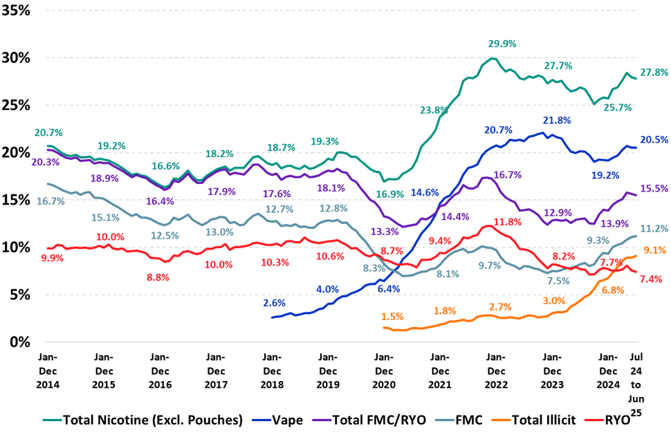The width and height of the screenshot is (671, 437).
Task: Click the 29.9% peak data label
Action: (x=503, y=44)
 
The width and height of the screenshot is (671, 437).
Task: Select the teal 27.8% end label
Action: (x=654, y=72)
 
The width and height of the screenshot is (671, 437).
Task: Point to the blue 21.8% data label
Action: (x=557, y=120)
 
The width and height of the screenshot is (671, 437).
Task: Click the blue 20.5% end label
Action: (x=654, y=139)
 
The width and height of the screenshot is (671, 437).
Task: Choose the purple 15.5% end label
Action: (x=654, y=188)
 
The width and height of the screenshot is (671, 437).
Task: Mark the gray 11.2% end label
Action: (x=654, y=229)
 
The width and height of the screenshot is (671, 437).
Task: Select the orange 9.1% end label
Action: (x=654, y=250)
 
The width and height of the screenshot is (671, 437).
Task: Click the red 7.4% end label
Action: (x=651, y=279)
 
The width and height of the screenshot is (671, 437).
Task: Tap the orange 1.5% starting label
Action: (x=392, y=316)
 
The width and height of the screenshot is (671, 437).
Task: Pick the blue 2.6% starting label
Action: (x=275, y=302)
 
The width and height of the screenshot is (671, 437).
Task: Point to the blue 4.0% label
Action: (x=327, y=288)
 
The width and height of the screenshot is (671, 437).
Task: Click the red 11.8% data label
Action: (x=506, y=222)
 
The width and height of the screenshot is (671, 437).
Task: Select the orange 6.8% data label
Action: (x=613, y=290)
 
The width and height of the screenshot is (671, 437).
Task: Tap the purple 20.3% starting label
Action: (x=46, y=162)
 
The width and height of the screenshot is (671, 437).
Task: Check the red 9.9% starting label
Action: (x=52, y=258)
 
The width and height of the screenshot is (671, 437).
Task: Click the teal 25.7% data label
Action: (x=617, y=108)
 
